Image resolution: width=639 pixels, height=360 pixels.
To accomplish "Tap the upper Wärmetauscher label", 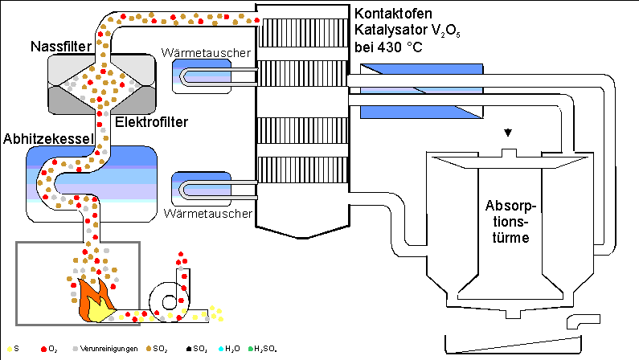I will click(207, 53).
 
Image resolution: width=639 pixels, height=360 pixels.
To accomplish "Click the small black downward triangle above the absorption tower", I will click(506, 132).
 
